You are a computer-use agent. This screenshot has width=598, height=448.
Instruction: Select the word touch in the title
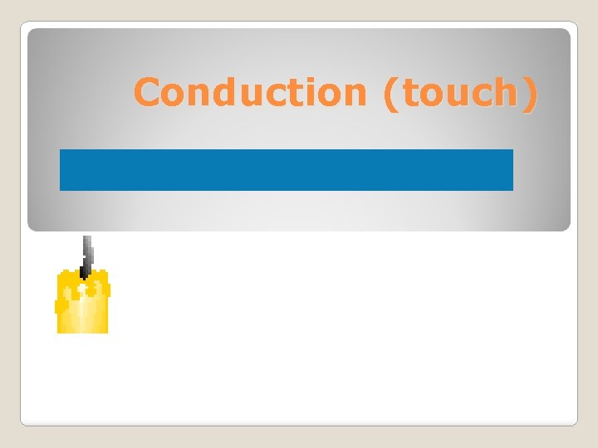(x=459, y=93)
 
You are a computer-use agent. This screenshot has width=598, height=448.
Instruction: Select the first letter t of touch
(x=408, y=93)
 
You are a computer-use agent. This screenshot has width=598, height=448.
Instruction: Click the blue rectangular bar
(x=287, y=170)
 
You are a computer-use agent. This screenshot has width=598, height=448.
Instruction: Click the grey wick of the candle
(x=86, y=254)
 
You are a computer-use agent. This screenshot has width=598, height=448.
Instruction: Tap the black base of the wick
(x=84, y=272)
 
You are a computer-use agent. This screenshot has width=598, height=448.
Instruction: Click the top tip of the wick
(x=86, y=238)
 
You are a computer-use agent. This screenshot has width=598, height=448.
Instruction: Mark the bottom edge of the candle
(x=82, y=331)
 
